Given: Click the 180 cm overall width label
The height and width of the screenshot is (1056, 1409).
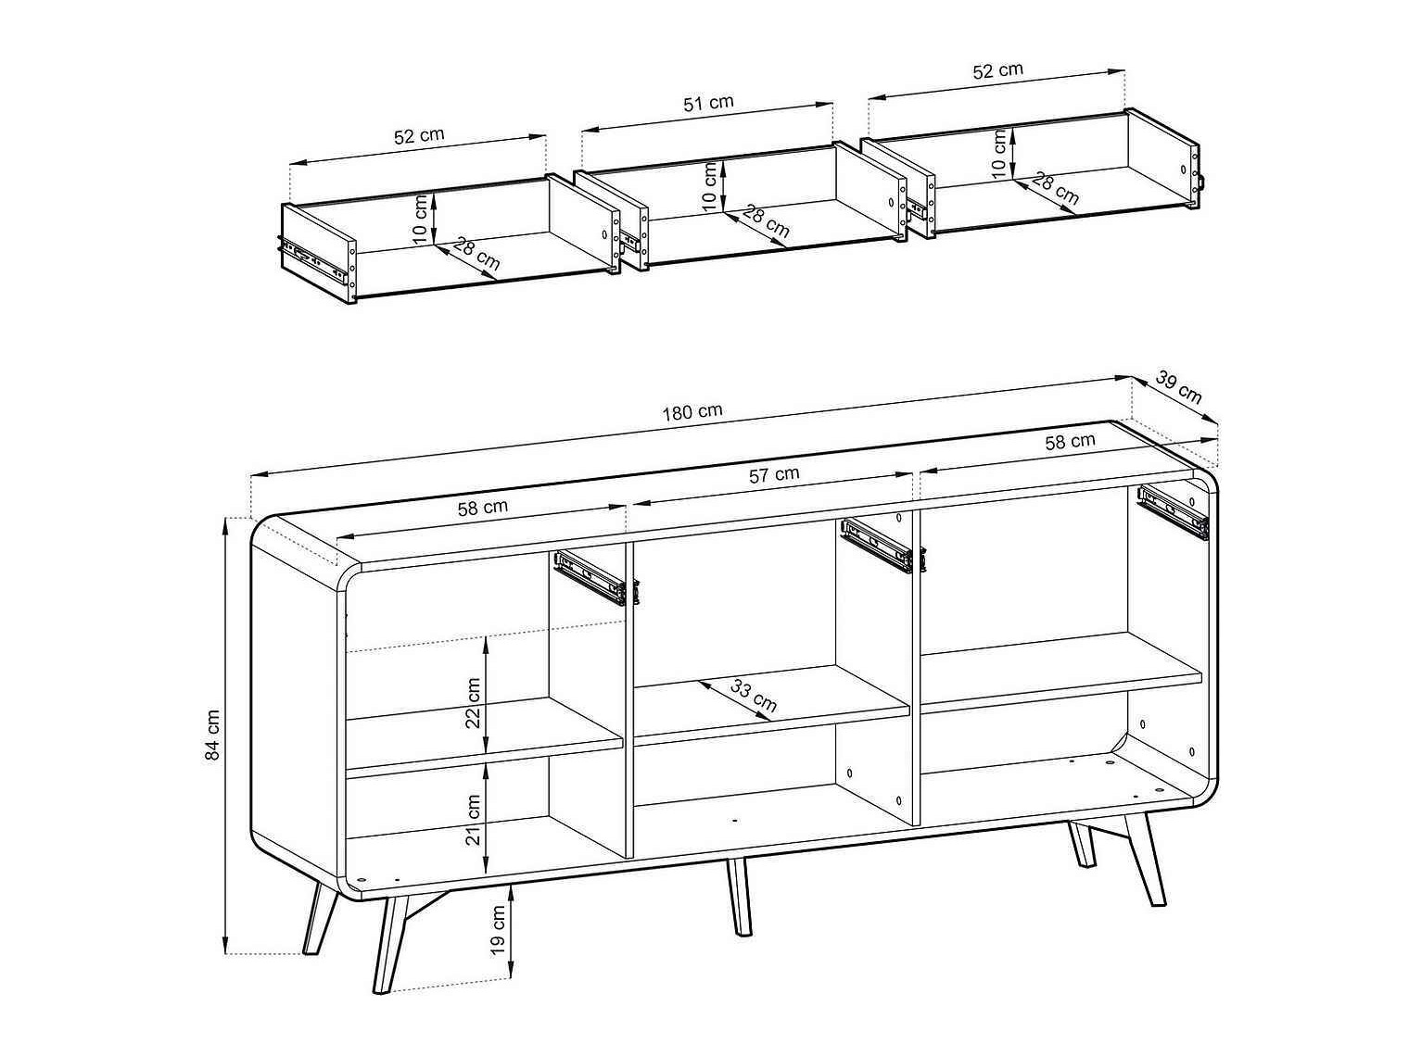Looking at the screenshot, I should [692, 412].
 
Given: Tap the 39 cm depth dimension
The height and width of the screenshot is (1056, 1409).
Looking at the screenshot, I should [1179, 386].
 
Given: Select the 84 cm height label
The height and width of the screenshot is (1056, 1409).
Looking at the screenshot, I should [213, 735].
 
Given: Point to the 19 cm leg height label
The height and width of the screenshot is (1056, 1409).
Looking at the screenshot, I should [498, 930].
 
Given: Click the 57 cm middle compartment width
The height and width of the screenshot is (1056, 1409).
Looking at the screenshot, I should [773, 475].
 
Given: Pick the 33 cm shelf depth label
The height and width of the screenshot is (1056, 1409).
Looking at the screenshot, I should [754, 695].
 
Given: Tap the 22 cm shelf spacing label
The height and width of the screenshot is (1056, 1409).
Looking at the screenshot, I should [474, 702].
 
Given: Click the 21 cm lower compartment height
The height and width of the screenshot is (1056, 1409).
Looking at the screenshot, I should [474, 820].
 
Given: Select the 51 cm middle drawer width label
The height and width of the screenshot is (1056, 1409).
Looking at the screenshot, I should [708, 103].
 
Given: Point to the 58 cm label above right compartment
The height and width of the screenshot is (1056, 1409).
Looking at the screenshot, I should [1070, 442].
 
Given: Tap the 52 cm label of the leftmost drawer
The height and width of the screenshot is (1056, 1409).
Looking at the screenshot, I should [419, 135].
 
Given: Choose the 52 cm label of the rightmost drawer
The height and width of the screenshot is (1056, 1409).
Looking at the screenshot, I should [997, 70].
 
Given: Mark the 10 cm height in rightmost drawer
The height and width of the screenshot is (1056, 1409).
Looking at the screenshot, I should [999, 153].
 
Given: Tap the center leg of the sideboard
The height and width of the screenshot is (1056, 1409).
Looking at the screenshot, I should [739, 896].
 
